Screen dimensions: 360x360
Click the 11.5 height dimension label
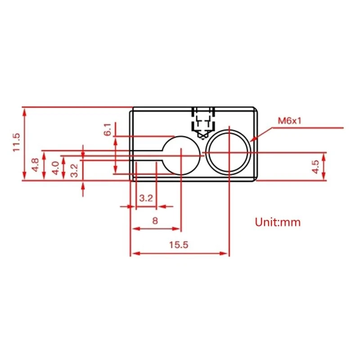pyautogui.click(x=17, y=142)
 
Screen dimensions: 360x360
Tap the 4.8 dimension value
pyautogui.click(x=36, y=165)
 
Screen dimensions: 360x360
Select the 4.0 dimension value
pyautogui.click(x=55, y=168)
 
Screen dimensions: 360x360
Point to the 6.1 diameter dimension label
pyautogui.click(x=108, y=130)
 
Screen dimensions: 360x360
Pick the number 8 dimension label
pyautogui.click(x=155, y=220)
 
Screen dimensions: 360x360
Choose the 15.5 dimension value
pyautogui.click(x=179, y=245)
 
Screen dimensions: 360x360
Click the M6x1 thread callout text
pyautogui.click(x=289, y=121)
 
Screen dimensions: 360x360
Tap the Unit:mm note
pyautogui.click(x=278, y=222)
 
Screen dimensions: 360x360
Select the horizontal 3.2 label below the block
pyautogui.click(x=146, y=198)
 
